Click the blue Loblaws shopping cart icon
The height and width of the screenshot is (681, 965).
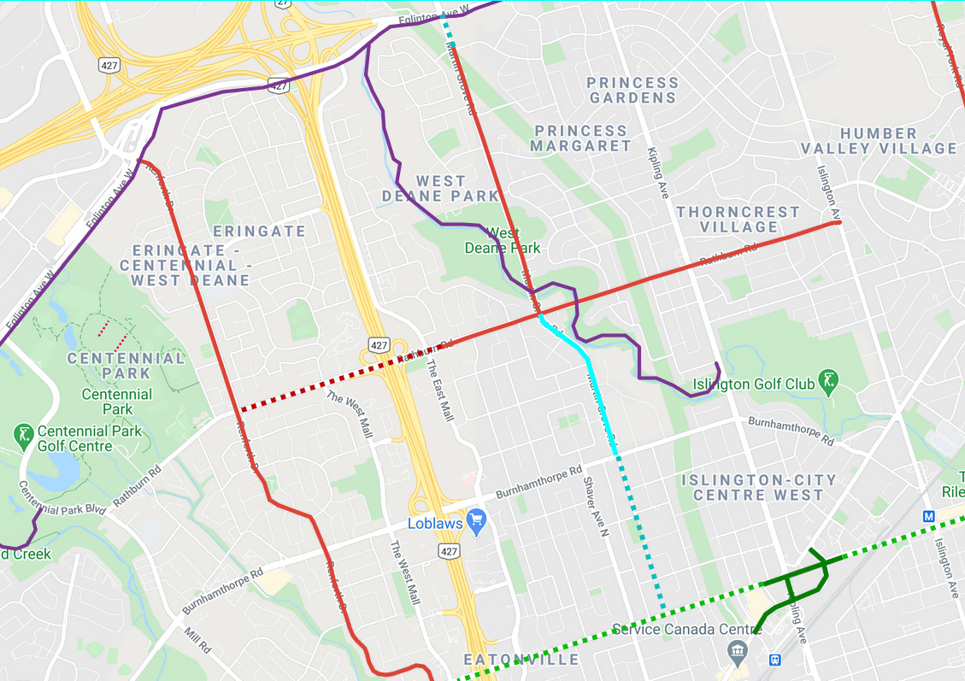tap(476, 519)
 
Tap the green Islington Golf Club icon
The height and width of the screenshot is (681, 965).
tap(827, 381)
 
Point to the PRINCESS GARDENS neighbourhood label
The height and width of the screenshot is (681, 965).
tap(633, 90)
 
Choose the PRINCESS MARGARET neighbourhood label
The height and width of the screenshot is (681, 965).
tap(580, 138)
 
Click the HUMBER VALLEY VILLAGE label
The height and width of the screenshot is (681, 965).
tap(879, 141)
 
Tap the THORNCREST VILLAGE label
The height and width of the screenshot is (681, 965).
tap(738, 219)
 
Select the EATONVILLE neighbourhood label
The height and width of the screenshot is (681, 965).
tap(521, 660)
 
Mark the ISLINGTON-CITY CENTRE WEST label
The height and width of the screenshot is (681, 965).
tap(759, 487)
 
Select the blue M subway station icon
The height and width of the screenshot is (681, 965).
tap(929, 516)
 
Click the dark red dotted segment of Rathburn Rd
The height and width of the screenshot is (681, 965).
tap(325, 383)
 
